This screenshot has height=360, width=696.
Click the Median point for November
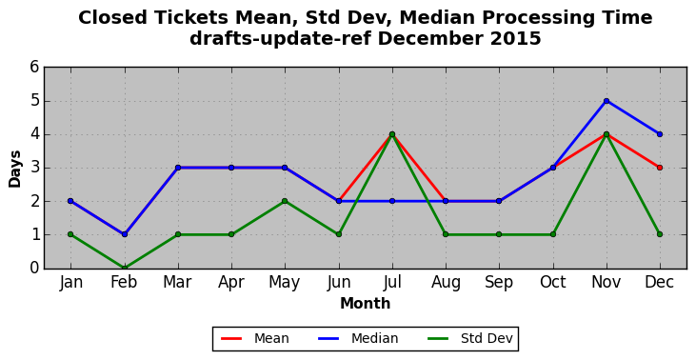(x=607, y=101)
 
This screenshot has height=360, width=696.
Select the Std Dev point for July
(x=392, y=134)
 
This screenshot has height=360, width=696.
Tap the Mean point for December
(x=660, y=168)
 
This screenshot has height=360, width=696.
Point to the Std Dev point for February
(x=125, y=268)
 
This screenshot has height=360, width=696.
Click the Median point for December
(x=660, y=134)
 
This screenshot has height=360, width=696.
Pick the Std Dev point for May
(x=285, y=201)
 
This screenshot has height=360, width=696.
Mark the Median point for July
(x=392, y=201)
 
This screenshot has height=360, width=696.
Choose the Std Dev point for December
(x=660, y=234)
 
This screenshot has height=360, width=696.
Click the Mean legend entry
(x=255, y=339)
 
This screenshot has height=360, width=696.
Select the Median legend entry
(x=358, y=339)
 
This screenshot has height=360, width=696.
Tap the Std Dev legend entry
(x=470, y=339)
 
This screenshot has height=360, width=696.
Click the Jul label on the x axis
(x=392, y=282)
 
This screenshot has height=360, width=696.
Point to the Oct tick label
(x=552, y=282)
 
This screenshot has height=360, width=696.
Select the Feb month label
(x=124, y=282)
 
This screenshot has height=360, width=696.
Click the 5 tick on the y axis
(x=34, y=101)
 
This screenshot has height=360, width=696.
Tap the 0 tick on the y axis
(x=34, y=269)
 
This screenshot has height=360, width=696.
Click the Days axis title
(x=14, y=169)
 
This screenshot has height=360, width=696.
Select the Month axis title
(x=366, y=304)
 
